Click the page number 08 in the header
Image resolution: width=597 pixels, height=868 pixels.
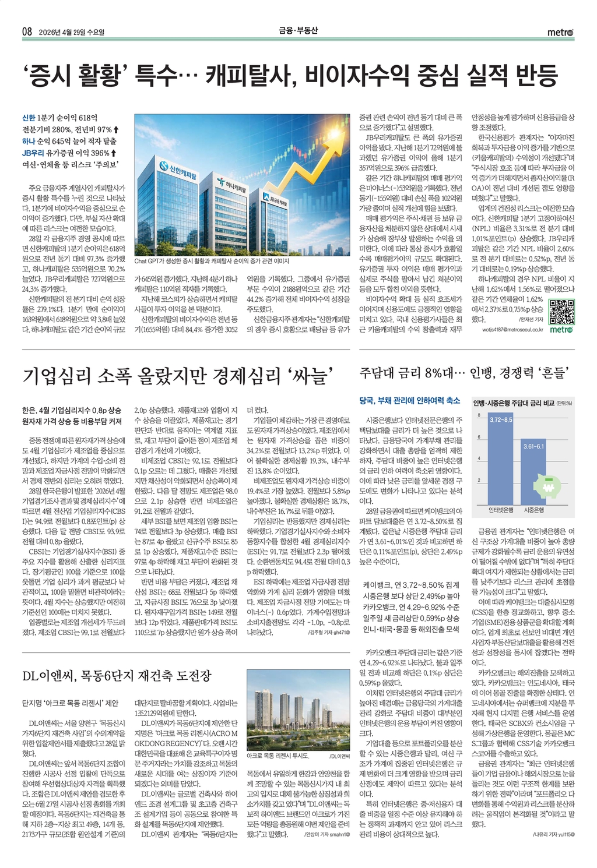(x=27, y=32)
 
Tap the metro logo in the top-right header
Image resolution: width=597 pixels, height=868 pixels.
(x=560, y=33)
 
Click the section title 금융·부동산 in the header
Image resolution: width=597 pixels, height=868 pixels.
(x=298, y=31)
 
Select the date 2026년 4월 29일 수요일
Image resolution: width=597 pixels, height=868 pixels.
(x=75, y=33)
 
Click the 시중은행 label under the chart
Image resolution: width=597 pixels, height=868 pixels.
(x=534, y=510)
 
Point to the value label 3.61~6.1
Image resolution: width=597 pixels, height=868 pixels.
(x=534, y=446)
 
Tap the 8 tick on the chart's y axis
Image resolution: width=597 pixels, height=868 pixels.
(x=479, y=415)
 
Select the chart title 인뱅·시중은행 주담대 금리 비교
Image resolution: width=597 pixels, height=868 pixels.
(x=514, y=403)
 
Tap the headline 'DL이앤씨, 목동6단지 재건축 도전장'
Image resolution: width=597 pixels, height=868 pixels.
(x=117, y=676)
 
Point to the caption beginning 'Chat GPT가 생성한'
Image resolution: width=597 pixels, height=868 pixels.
(x=212, y=262)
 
